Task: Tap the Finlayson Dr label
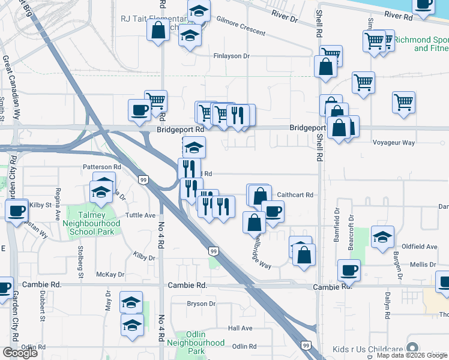pos(231,56)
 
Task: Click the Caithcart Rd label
pos(295,194)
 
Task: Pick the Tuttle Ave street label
pos(140,215)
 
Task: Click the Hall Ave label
pos(240,328)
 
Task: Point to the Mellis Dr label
pos(423,264)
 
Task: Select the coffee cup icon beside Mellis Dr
pos(348,270)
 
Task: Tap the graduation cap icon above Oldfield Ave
pos(382,236)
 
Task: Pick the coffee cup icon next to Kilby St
pos(16,210)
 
